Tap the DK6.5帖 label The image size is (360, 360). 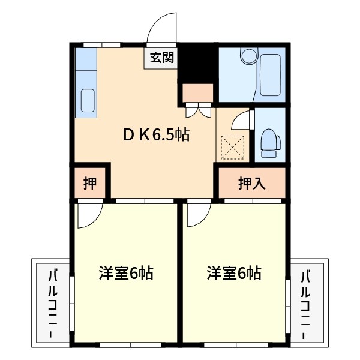click(x=157, y=135)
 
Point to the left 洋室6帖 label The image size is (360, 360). click(x=125, y=274)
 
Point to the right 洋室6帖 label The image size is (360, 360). click(x=234, y=274)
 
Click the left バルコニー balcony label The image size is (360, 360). click(x=52, y=303)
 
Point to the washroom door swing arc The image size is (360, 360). click(x=241, y=118)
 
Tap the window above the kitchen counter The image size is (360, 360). click(x=101, y=44)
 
